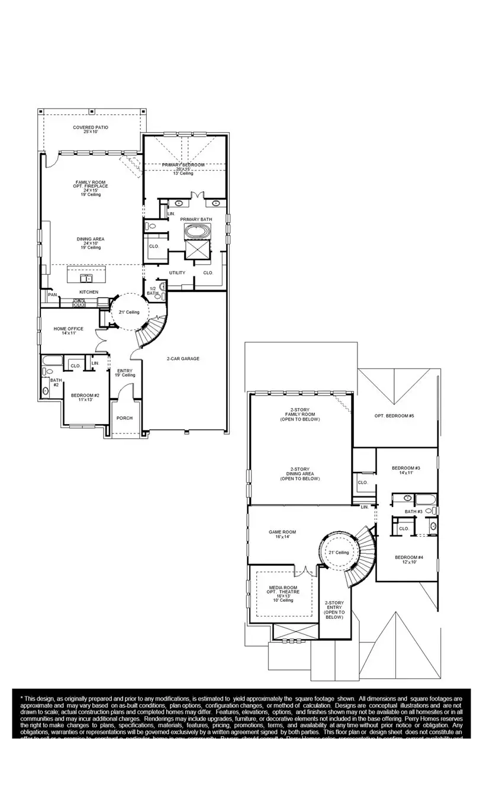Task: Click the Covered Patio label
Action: point(91,129)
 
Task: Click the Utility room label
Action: point(177,273)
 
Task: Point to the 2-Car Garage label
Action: point(183,358)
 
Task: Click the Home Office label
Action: point(69,331)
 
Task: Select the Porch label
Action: point(124,418)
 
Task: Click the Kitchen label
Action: point(89,292)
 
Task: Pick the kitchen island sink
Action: point(87,278)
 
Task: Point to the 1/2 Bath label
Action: point(152,290)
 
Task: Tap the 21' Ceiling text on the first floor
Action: point(128,312)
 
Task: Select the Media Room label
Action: point(284,593)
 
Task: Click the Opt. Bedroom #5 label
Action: point(394,416)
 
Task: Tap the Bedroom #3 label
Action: point(405,470)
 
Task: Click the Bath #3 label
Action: point(413,511)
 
